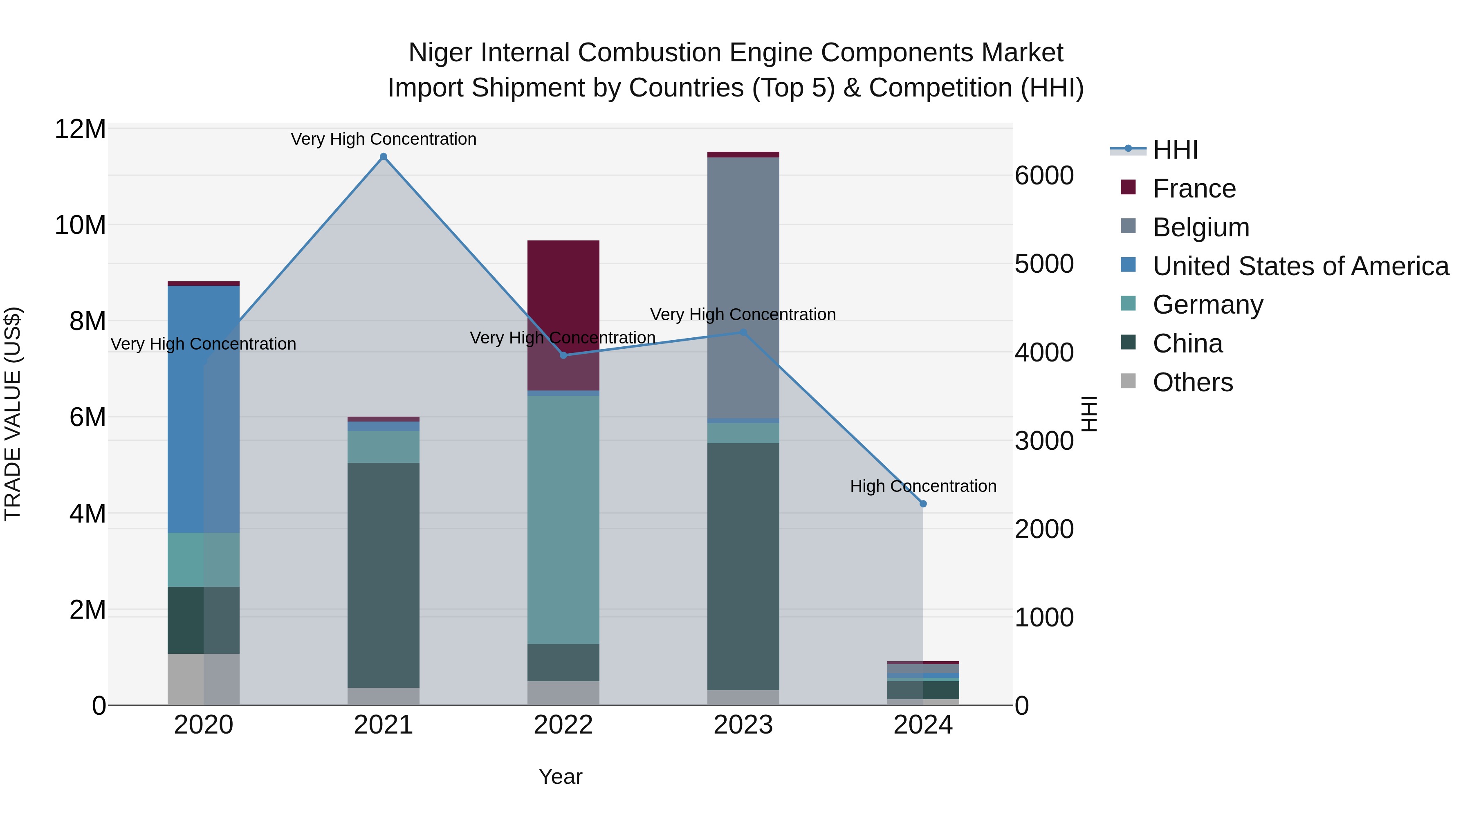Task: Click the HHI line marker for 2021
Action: coord(384,157)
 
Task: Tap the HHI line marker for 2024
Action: coord(923,503)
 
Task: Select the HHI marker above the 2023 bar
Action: coord(743,332)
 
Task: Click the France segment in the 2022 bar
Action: coord(563,297)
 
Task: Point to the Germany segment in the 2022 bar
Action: coord(563,520)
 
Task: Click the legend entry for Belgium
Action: coord(1200,227)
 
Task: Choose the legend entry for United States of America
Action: coord(1300,266)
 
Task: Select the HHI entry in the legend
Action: coord(1174,150)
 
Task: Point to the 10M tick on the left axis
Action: coord(80,225)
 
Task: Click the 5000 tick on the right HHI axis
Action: coord(1043,264)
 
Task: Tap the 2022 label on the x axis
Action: coord(563,725)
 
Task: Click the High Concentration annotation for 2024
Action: coord(923,486)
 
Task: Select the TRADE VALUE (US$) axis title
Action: coord(13,414)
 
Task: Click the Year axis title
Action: coord(560,776)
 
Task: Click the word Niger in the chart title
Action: coord(440,53)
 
